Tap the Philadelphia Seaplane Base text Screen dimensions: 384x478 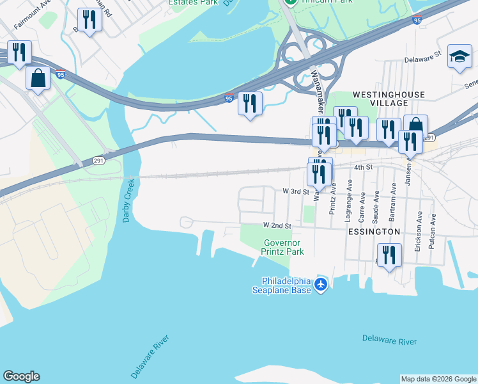tap(286, 285)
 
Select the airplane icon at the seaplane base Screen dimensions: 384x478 tap(321, 284)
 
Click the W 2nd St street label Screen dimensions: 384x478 tap(277, 226)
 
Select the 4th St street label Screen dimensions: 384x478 tap(363, 167)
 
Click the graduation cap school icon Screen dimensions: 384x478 tap(459, 56)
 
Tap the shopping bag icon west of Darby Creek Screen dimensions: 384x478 tap(38, 78)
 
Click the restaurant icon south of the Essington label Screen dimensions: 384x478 tap(389, 255)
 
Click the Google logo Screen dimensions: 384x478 tap(21, 376)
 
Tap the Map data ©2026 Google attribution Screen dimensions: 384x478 tap(438, 379)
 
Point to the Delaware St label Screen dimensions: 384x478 tap(424, 59)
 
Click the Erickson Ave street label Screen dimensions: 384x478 tap(418, 231)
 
